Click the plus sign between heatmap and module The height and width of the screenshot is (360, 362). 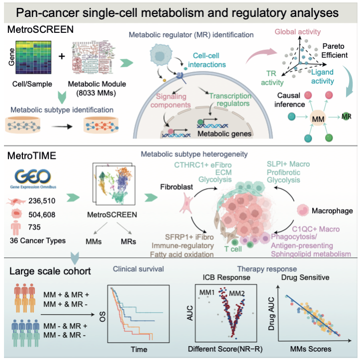click(62, 56)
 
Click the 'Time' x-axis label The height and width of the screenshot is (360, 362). click(138, 350)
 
